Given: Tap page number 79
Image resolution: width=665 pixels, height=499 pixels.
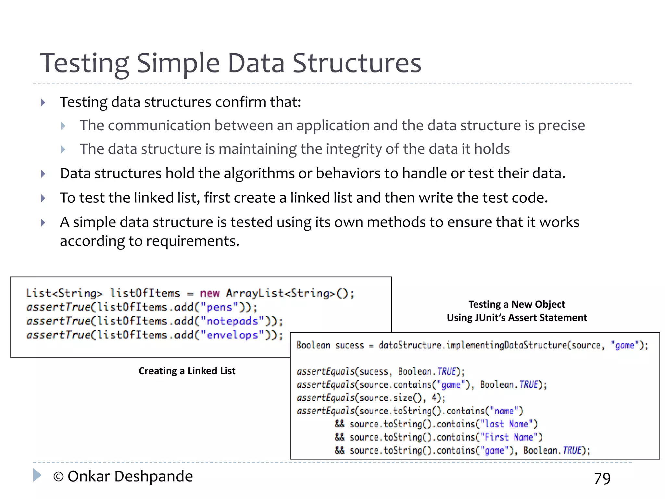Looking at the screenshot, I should [602, 478].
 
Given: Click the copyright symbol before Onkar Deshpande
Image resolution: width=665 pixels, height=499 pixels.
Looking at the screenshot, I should [58, 477].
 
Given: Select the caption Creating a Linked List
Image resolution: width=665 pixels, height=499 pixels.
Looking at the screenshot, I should [187, 371].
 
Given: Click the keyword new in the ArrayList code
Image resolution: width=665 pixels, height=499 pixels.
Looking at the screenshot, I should [209, 293].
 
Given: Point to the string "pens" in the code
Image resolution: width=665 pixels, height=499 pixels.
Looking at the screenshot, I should [219, 307].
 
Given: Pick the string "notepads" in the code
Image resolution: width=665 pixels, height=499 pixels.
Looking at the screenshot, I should [232, 321].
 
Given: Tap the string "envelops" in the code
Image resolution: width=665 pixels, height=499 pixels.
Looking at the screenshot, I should [232, 335].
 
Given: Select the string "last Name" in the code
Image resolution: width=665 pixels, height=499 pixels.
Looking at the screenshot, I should [506, 424].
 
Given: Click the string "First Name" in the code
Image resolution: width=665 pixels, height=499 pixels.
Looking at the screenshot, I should [508, 437].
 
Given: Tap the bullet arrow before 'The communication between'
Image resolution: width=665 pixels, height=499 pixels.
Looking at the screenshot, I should [63, 126].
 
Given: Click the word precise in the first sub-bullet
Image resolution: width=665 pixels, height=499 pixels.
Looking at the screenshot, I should [561, 126].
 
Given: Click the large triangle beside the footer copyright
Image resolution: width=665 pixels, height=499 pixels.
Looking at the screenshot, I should [37, 475].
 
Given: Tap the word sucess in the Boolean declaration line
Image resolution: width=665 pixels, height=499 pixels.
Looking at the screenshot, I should [349, 345].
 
